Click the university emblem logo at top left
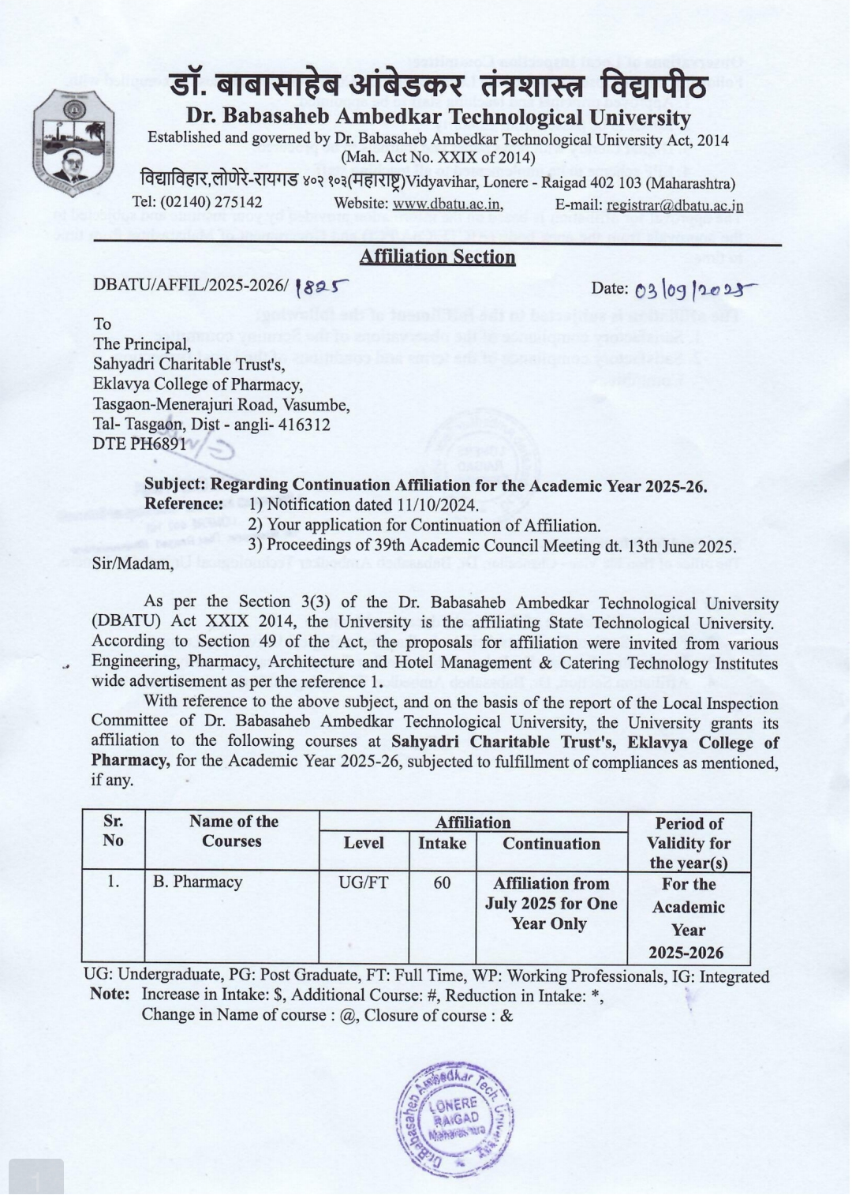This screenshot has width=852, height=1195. [x=73, y=142]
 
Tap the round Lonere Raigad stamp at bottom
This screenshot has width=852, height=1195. [x=455, y=1118]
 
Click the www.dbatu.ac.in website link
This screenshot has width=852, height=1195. [x=447, y=204]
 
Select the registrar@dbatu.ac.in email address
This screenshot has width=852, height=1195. [x=674, y=205]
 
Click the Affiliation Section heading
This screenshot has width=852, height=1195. [x=437, y=257]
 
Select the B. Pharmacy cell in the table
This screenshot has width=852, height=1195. [x=198, y=882]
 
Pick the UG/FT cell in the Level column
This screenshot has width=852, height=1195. [x=364, y=882]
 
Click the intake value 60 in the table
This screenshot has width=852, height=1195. [x=442, y=882]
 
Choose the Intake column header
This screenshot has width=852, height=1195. [x=442, y=844]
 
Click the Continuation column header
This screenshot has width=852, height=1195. [x=551, y=844]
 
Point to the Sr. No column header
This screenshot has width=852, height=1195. [x=113, y=831]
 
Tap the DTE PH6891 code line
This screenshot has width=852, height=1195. [x=140, y=444]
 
